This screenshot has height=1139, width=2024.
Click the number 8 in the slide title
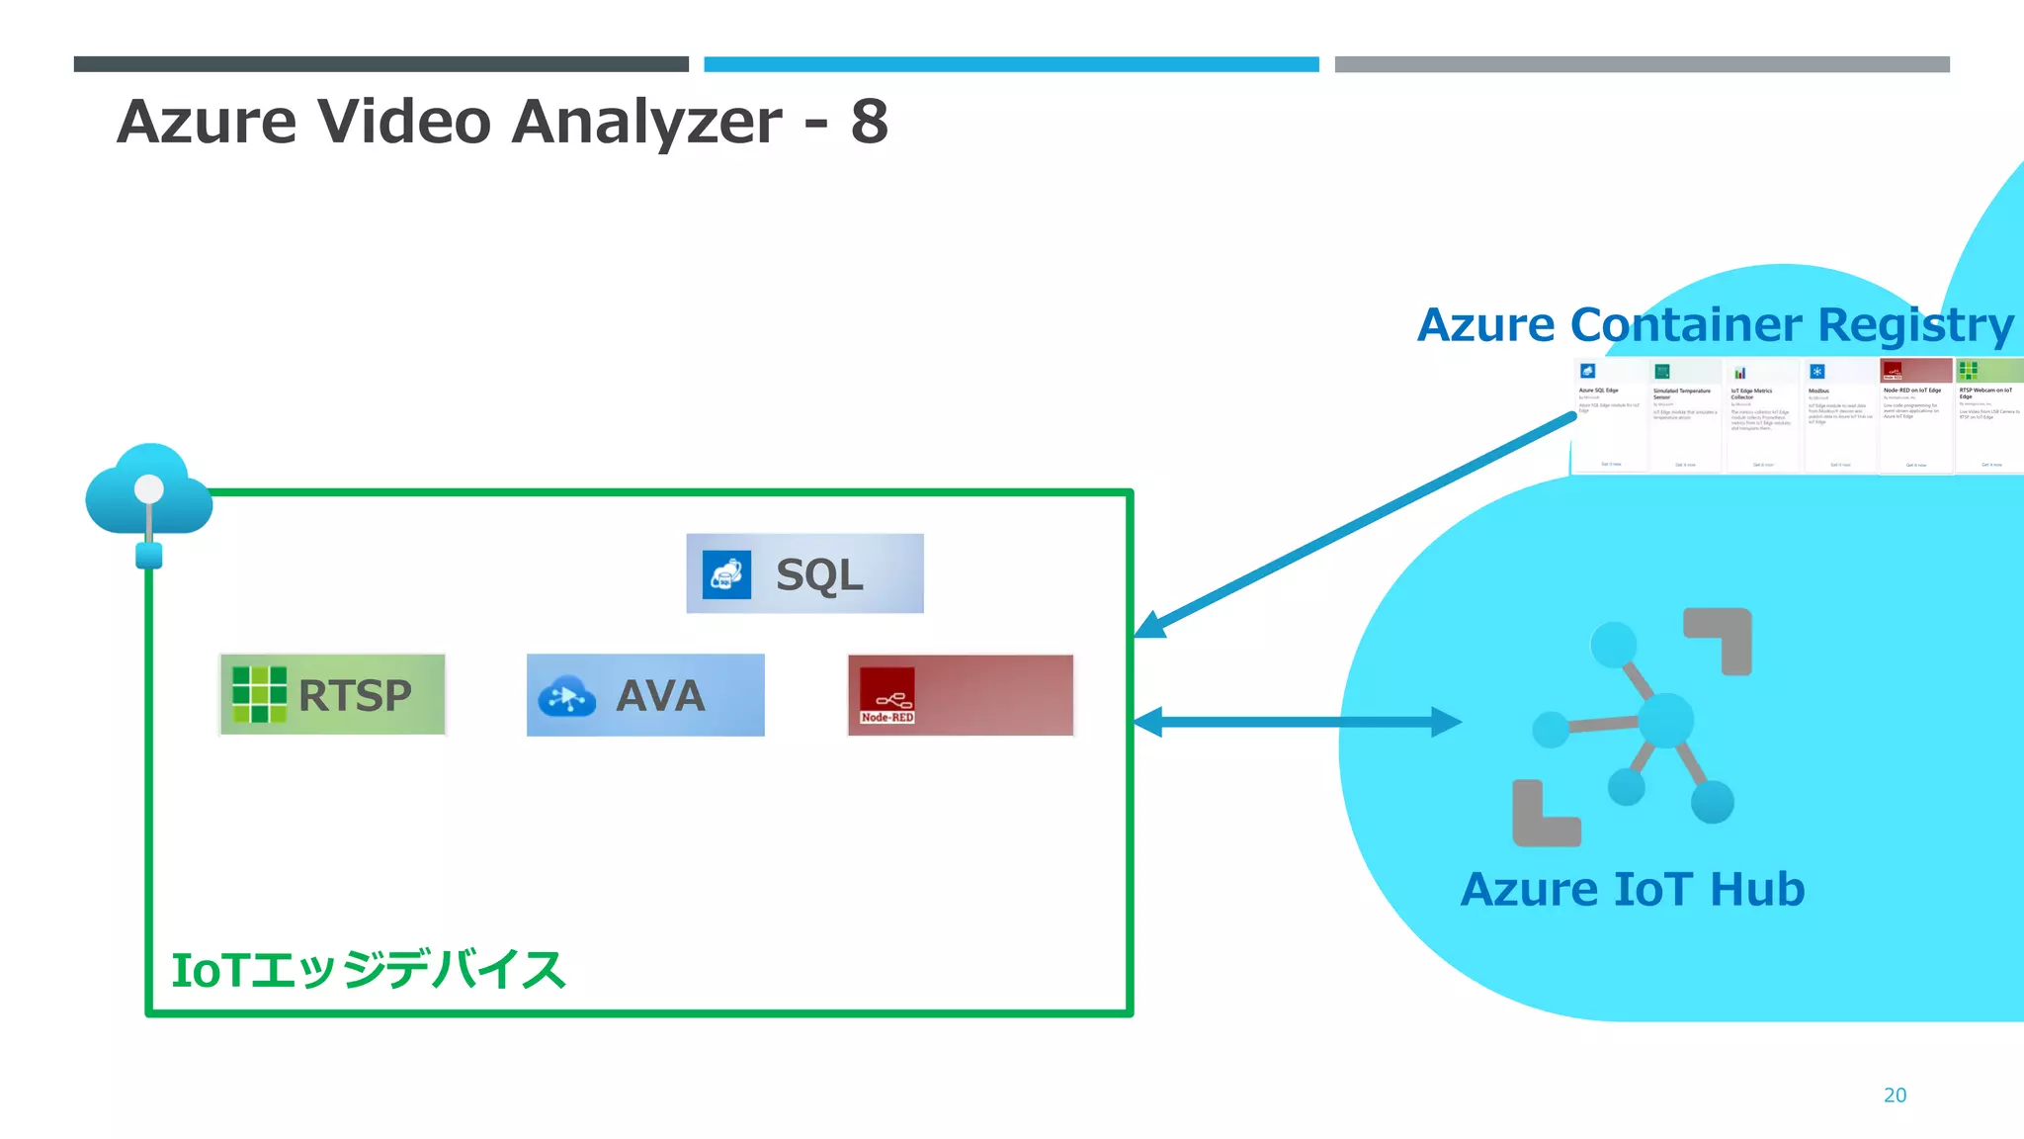tap(869, 122)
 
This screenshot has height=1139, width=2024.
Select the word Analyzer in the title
tap(647, 122)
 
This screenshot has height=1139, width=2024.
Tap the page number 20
tap(1895, 1095)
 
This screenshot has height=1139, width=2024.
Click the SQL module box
tap(804, 573)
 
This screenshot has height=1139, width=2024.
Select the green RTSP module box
tap(332, 694)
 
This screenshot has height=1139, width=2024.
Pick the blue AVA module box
tap(645, 695)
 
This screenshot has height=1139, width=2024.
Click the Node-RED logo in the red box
tap(886, 695)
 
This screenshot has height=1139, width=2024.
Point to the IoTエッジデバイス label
tap(368, 970)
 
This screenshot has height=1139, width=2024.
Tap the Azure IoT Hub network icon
tap(1633, 727)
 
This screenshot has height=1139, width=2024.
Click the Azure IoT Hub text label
tap(1633, 889)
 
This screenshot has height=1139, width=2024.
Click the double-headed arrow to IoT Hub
tap(1297, 722)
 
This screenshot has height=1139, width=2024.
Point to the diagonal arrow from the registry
tap(1354, 527)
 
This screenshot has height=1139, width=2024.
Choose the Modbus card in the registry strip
tap(1839, 415)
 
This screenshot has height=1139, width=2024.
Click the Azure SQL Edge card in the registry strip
tap(1609, 415)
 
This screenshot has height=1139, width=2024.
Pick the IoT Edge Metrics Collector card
tap(1762, 415)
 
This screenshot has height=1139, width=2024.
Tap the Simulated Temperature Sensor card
tap(1686, 415)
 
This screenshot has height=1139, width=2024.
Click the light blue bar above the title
tap(1011, 64)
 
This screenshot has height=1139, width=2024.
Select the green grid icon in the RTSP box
tap(259, 694)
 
